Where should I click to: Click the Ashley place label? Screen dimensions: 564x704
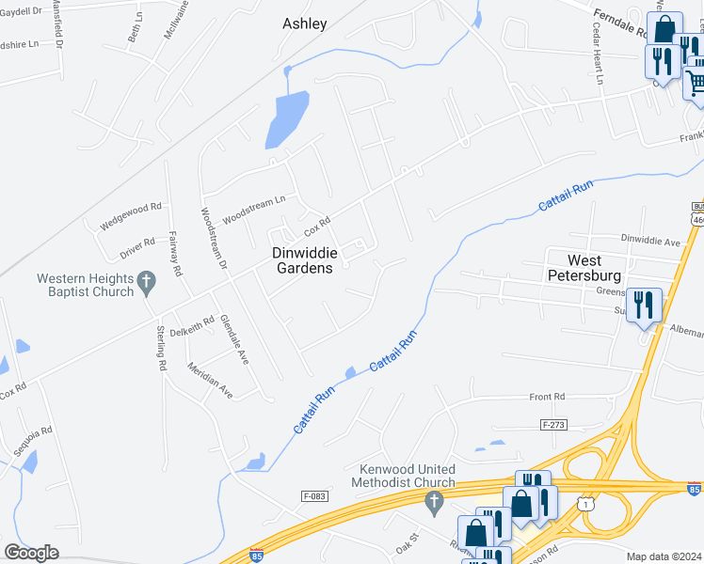pos(305,23)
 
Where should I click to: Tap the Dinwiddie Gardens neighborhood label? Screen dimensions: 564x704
pos(302,260)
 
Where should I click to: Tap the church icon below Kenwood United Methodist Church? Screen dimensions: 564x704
pos(434,503)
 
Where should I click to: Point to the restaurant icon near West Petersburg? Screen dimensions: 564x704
pos(645,305)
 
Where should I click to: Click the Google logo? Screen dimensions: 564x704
pos(31,553)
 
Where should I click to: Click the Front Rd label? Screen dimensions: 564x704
pos(547,398)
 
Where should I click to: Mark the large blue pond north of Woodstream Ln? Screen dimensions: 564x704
pos(286,119)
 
